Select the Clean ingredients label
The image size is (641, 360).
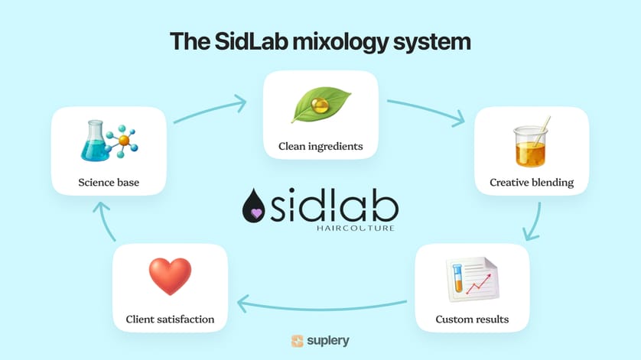320,146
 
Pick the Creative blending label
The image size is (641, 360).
532,183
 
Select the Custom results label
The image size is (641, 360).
471,319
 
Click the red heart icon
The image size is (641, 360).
170,277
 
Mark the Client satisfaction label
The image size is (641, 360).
170,319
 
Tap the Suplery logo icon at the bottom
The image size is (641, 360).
298,341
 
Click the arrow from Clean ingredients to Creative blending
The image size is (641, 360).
426,111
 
